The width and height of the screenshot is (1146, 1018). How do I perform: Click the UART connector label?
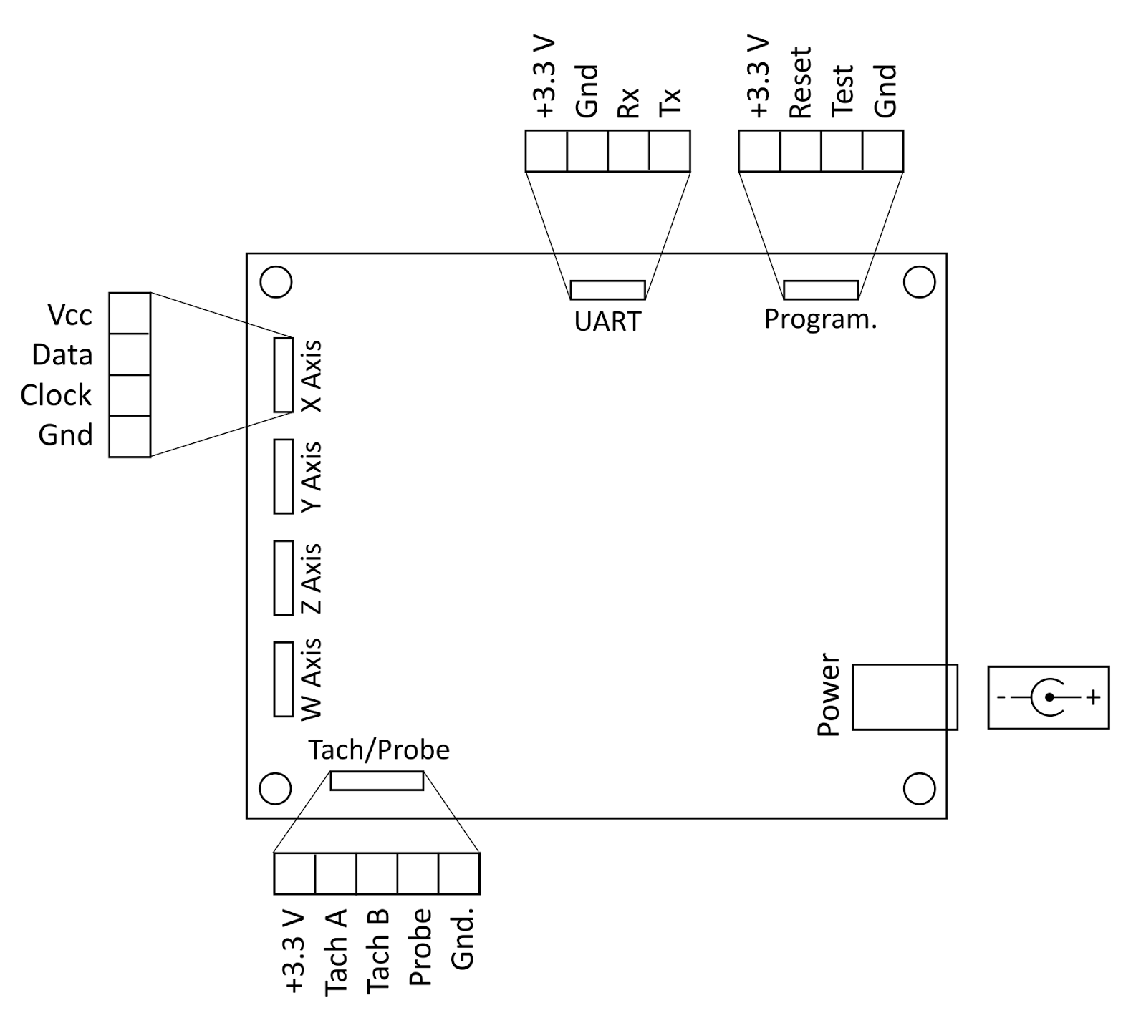pos(607,321)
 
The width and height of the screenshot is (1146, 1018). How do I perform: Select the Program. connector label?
pos(820,319)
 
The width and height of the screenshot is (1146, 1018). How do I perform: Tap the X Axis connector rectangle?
pos(284,375)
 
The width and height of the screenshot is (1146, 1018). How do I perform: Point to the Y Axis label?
pos(312,476)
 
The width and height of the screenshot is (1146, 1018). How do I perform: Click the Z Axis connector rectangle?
pos(284,578)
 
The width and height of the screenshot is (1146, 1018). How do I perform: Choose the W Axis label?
pos(312,679)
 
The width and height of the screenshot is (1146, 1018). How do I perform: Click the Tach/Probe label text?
pos(379,750)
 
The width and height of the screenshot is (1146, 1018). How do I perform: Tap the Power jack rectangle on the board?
pos(905,697)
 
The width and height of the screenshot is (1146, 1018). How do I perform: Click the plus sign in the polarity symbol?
pos(1093,697)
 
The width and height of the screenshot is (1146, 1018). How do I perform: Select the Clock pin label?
pos(56,395)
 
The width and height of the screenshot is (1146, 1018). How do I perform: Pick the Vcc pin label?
pos(69,315)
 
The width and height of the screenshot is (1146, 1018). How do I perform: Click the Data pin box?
pos(130,354)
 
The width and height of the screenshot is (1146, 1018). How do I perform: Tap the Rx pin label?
pos(628,103)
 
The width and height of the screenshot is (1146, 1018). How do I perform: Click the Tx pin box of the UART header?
pos(670,151)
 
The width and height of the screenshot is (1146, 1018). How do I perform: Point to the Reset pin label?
pos(800,82)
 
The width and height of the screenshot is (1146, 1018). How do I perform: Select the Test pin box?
pos(842,151)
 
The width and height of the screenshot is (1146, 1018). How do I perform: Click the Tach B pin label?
pos(377,951)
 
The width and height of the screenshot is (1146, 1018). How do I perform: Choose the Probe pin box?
pos(418,874)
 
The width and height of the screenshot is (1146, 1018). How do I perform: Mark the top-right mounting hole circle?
pos(919,282)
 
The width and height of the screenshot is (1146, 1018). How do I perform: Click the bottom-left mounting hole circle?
pos(275,789)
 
